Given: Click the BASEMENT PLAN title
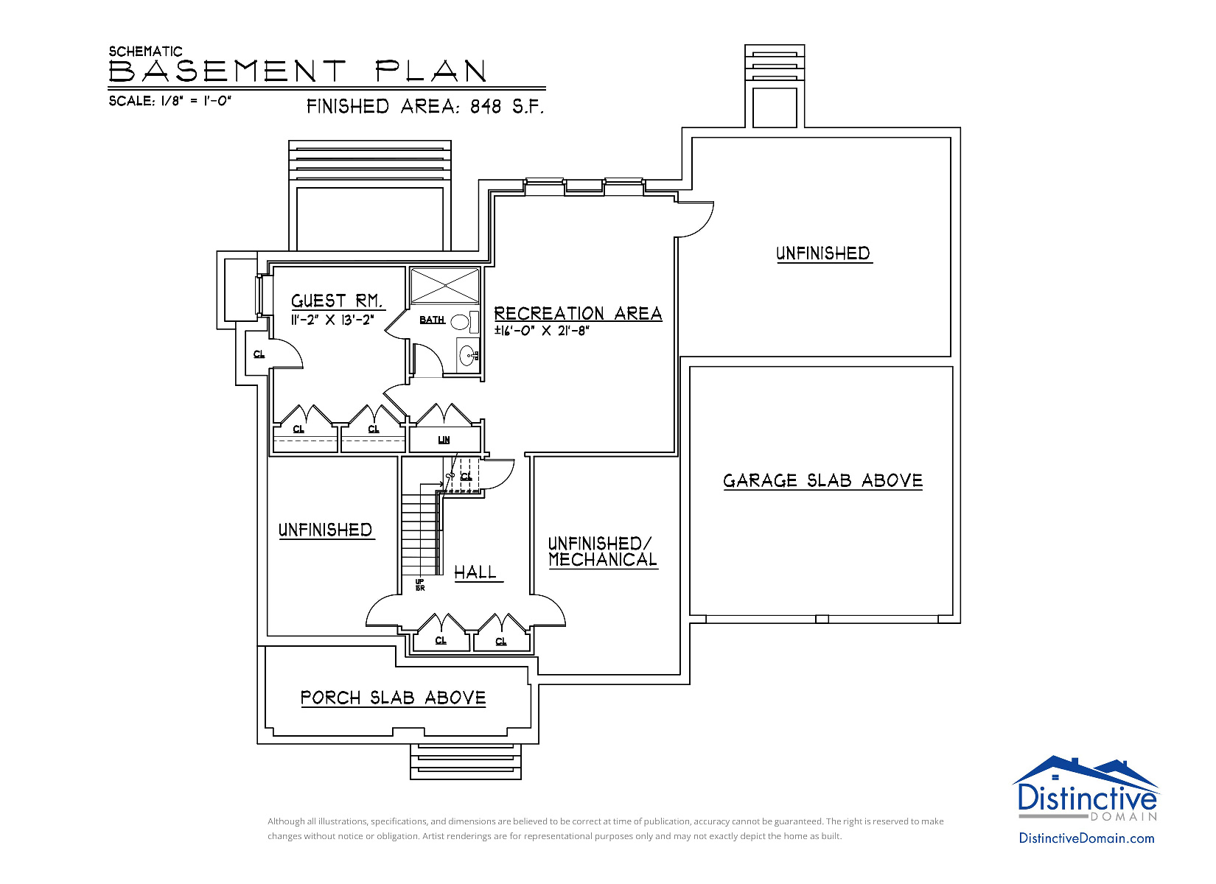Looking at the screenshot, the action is point(298,71).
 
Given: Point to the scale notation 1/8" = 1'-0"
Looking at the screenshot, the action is point(196,101).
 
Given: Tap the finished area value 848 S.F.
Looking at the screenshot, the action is point(507,106).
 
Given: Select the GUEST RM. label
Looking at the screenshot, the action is point(337,301).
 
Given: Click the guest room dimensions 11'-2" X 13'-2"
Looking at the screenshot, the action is point(332,320).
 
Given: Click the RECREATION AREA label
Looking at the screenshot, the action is point(578,314).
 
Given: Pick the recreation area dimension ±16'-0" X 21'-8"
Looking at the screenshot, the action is point(542,330).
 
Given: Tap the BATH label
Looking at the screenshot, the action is point(432,320).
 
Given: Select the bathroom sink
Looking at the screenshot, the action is point(467,356).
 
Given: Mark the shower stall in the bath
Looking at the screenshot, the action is point(445,285).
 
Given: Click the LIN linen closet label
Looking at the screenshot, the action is point(444,440).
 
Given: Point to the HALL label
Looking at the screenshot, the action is point(475,572).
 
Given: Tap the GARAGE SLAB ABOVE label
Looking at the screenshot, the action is point(823,480).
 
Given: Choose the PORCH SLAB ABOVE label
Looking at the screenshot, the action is point(393,698).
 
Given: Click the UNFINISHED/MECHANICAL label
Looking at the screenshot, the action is point(603,551).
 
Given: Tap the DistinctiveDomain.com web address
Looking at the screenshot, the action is point(1086,838).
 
